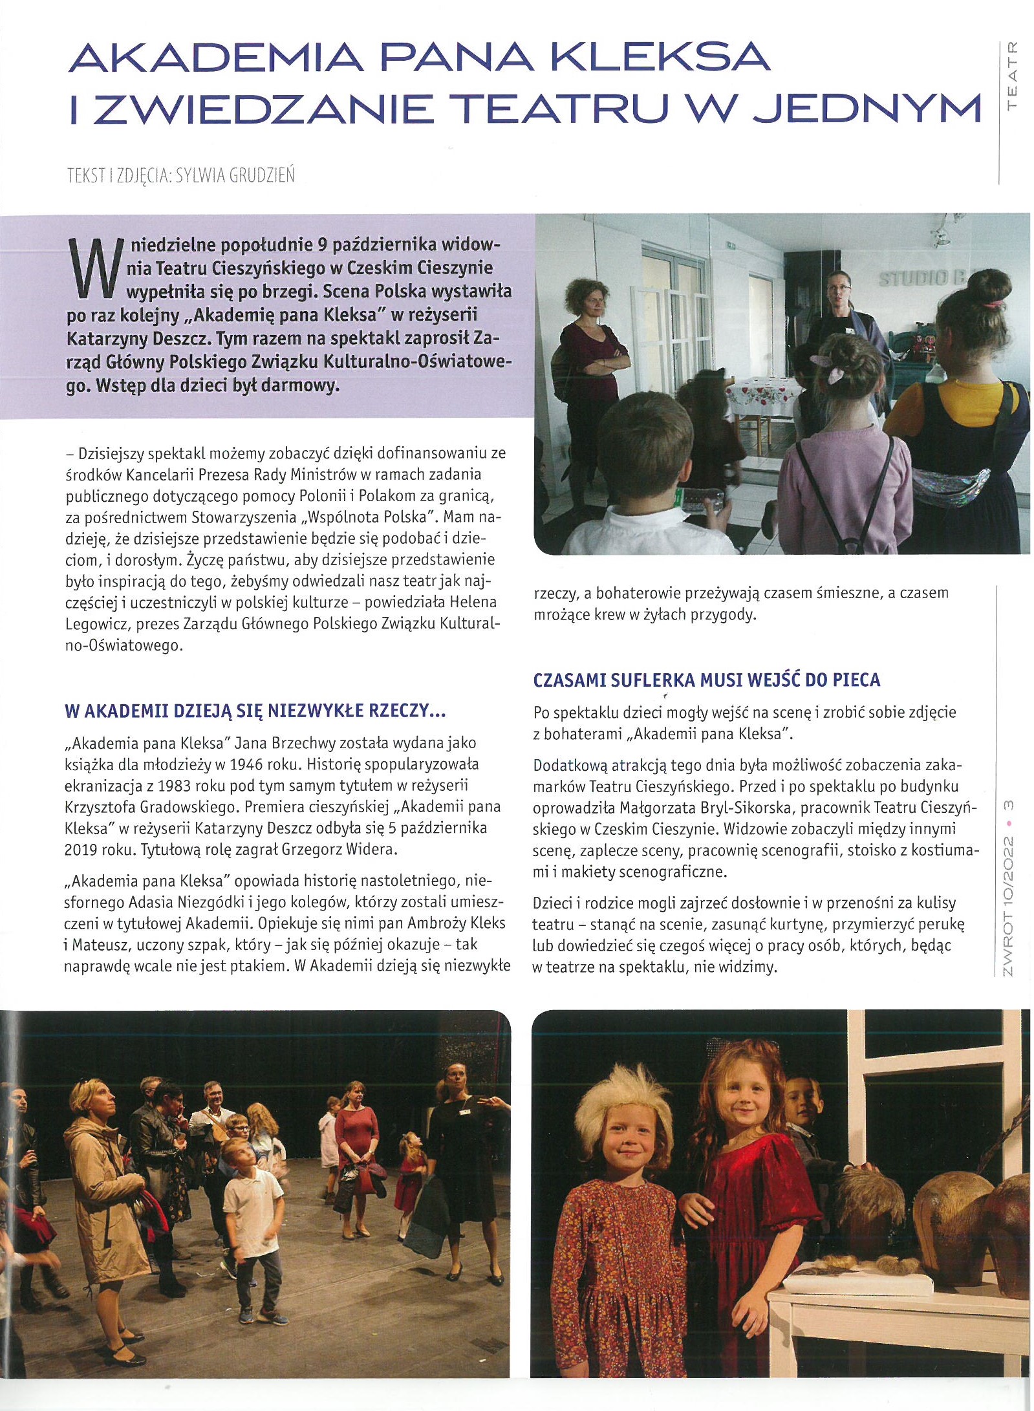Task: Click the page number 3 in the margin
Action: click(x=1007, y=804)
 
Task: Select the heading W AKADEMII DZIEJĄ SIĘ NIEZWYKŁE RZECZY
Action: click(x=255, y=711)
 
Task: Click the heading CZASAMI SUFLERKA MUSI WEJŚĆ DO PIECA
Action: click(x=707, y=680)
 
